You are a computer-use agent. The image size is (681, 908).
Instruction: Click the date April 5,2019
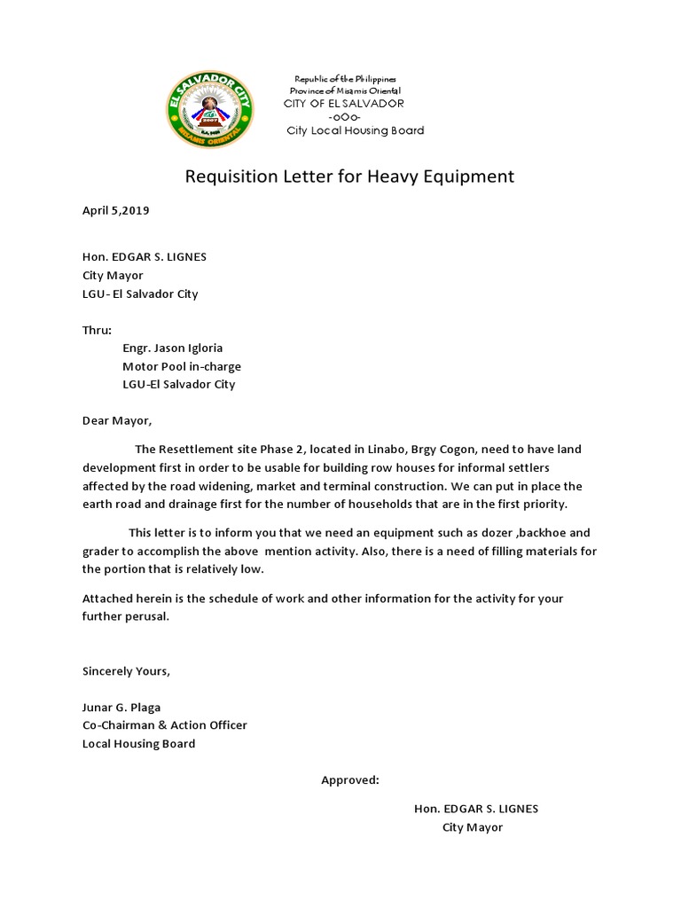[x=116, y=211]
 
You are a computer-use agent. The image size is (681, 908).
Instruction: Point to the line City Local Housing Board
[x=355, y=130]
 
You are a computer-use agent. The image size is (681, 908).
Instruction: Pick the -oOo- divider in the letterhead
[x=343, y=117]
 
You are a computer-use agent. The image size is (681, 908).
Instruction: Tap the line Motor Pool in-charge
[x=182, y=366]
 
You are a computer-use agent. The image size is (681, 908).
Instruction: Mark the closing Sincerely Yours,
[x=126, y=670]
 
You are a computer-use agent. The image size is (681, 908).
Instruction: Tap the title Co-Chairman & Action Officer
[x=165, y=724]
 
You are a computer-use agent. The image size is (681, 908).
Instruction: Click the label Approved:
[x=350, y=780]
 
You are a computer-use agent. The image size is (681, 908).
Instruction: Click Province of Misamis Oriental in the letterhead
[x=346, y=91]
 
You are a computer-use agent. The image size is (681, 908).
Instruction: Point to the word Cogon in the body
[x=474, y=450]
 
